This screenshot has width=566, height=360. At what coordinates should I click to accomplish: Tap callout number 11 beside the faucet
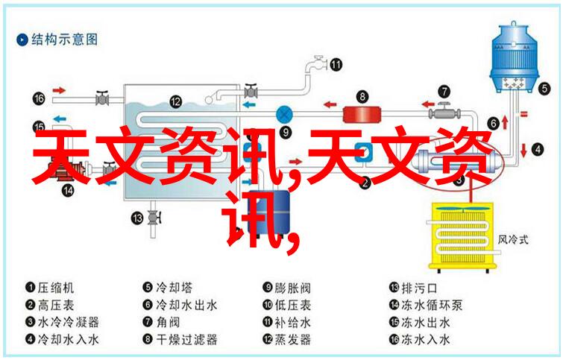click(x=336, y=64)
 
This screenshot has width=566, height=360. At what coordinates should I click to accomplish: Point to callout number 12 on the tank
click(x=175, y=101)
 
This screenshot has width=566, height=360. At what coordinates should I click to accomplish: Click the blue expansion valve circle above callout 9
click(x=284, y=114)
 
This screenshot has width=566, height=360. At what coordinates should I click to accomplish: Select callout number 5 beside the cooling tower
click(x=545, y=87)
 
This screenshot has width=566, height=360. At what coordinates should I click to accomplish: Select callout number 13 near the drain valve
click(x=136, y=218)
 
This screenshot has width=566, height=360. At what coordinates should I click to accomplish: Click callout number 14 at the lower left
click(x=69, y=189)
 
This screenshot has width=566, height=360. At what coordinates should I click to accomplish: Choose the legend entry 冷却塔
click(x=170, y=287)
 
